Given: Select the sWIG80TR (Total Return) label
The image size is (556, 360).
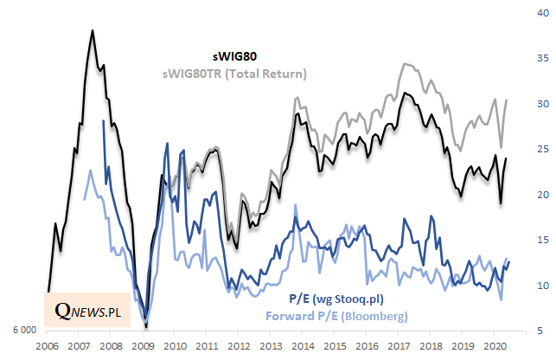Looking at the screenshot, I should click(234, 74).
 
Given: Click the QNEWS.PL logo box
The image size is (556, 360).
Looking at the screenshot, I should click(86, 309).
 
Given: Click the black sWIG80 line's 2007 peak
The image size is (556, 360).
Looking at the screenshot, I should click(93, 30).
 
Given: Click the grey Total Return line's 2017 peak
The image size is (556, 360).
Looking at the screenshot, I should click(404, 63).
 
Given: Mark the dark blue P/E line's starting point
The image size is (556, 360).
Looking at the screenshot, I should click(104, 120).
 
